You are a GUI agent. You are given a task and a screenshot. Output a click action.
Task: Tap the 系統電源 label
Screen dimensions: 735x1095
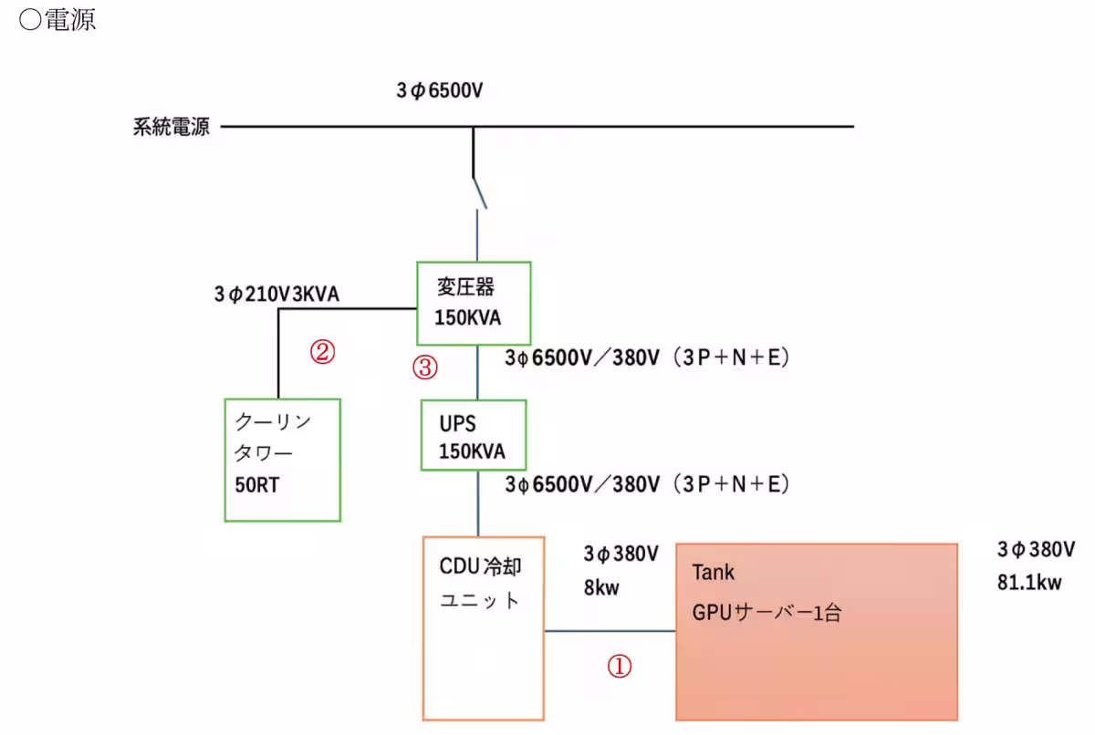tap(172, 127)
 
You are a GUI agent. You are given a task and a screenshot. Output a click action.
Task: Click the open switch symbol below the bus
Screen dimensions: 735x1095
tap(478, 192)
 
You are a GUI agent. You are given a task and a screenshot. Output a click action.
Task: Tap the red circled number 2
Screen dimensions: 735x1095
tap(321, 351)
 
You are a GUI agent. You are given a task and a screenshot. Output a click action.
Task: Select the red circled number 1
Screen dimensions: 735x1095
tap(620, 667)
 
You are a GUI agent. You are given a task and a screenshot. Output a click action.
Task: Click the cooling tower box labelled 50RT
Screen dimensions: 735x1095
tap(283, 459)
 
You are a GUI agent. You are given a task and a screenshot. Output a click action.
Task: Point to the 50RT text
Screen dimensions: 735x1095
tap(257, 484)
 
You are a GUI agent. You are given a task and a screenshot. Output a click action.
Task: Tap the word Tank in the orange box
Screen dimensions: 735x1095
tap(713, 573)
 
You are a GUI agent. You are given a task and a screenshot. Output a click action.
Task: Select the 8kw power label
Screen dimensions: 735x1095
tap(601, 587)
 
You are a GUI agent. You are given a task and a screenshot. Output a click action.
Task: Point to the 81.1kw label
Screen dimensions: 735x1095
tap(1029, 583)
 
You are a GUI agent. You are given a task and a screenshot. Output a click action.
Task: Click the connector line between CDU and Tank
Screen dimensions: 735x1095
tap(610, 630)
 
